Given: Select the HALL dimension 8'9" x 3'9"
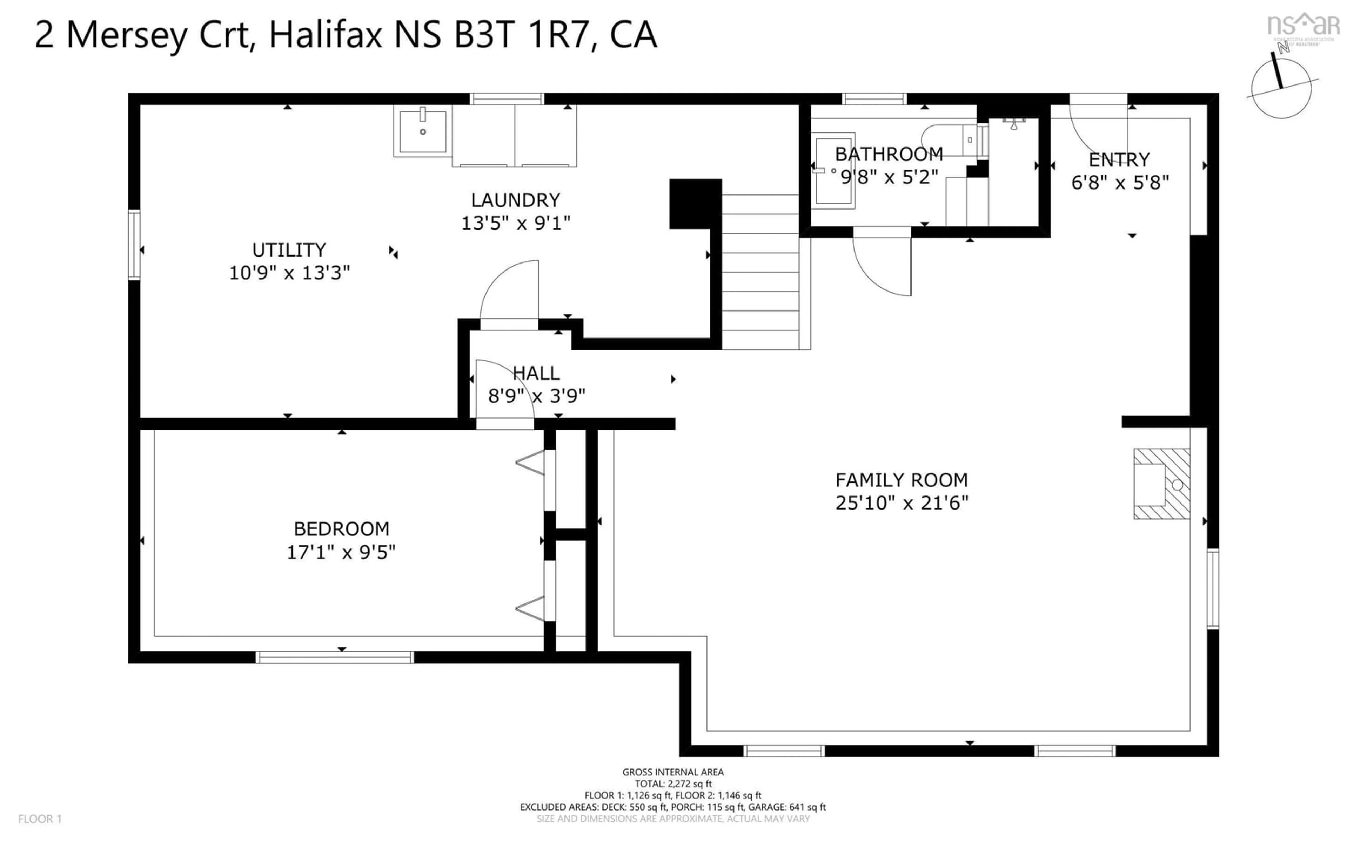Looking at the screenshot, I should pos(536,396).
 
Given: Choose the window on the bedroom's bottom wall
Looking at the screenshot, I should pos(335,657).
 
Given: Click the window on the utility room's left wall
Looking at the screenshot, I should pos(134,244).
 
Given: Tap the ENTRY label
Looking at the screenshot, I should pos(1119,160).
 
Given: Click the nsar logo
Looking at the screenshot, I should pos(1302,25).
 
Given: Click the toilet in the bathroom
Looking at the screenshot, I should pos(946,139).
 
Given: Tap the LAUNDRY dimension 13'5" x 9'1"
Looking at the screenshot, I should pos(515,223).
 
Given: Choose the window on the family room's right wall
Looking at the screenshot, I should pos(1212,588).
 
